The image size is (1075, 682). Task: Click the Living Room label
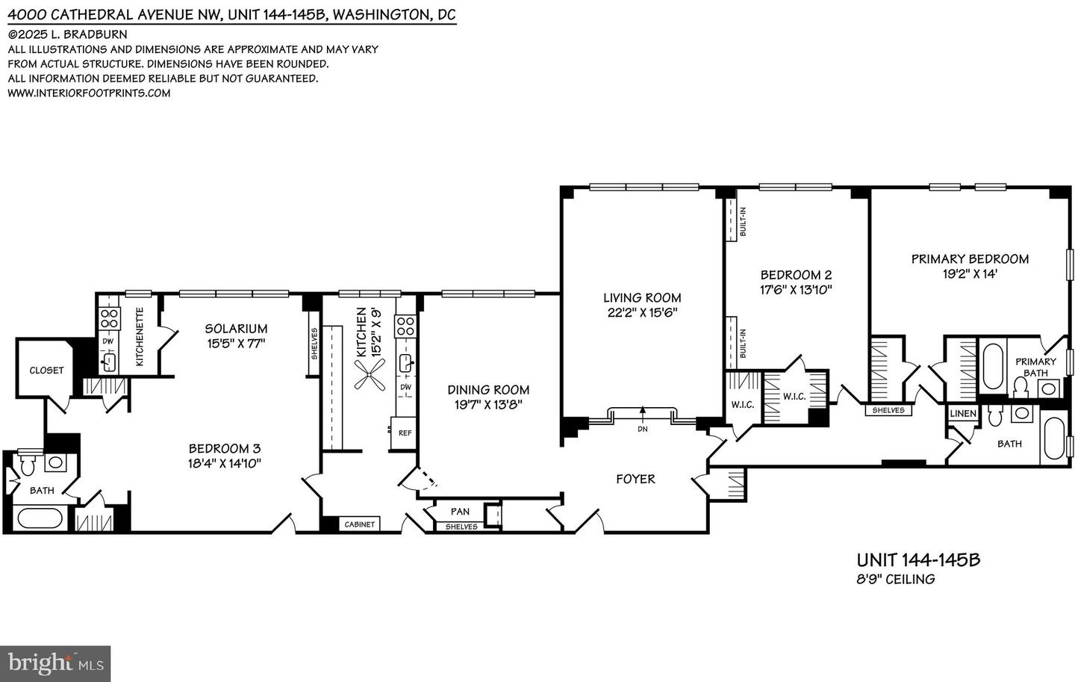click(x=642, y=298)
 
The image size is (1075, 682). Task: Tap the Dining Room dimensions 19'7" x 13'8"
click(x=488, y=405)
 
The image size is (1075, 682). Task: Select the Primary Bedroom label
click(x=970, y=259)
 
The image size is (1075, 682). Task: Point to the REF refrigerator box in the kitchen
click(x=405, y=433)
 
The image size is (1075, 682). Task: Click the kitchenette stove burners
click(x=110, y=319)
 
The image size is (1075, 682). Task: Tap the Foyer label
click(x=635, y=479)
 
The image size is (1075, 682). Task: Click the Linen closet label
click(x=962, y=414)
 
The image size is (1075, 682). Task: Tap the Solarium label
click(x=236, y=329)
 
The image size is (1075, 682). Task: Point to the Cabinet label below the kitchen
click(x=359, y=524)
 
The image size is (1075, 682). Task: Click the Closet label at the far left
click(x=46, y=371)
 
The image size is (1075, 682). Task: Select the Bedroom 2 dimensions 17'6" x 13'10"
click(x=796, y=290)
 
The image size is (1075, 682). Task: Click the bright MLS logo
click(x=55, y=663)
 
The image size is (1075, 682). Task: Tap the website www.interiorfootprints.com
click(x=89, y=93)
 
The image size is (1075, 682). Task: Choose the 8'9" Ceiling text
click(x=895, y=579)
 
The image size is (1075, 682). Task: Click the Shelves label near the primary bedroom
click(x=888, y=410)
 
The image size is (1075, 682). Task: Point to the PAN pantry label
click(x=460, y=511)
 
